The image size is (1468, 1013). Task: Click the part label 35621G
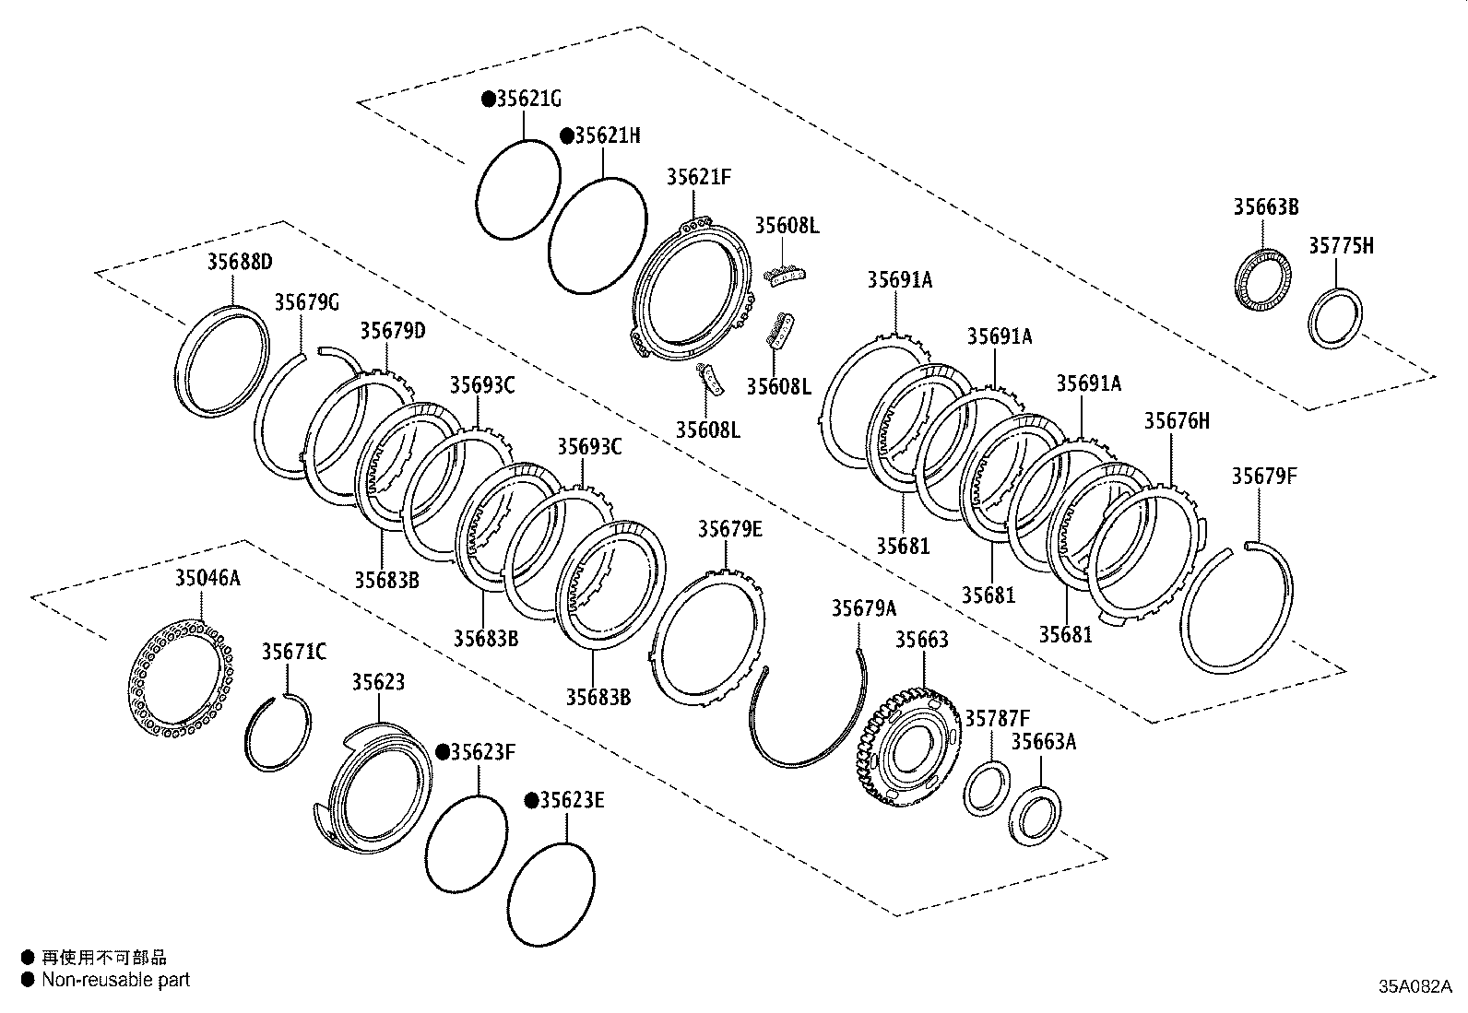coord(529,99)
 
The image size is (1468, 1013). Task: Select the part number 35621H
coord(608,135)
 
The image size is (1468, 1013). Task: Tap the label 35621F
coord(699,177)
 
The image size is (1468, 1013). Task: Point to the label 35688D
coord(240,262)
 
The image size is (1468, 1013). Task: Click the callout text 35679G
coord(307,302)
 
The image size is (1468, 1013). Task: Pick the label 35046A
coord(207,578)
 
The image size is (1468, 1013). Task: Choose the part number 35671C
coord(293,652)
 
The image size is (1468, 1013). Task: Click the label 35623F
coord(483,752)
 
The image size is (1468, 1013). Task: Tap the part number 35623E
coord(572,800)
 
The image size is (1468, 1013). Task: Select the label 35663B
coord(1266,207)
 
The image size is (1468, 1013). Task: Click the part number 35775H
coord(1342,246)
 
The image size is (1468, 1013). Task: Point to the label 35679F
coord(1264,477)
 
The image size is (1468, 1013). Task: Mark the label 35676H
coord(1177,420)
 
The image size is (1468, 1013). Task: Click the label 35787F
coord(998,719)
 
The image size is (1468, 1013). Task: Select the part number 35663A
coord(1043,742)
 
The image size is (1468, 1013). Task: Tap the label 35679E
coord(730,529)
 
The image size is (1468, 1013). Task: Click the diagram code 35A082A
coord(1415,986)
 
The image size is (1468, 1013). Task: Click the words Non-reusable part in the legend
coord(116,980)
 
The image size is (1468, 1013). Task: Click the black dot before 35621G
coord(488,99)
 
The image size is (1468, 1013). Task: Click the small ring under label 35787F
coord(987,788)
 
